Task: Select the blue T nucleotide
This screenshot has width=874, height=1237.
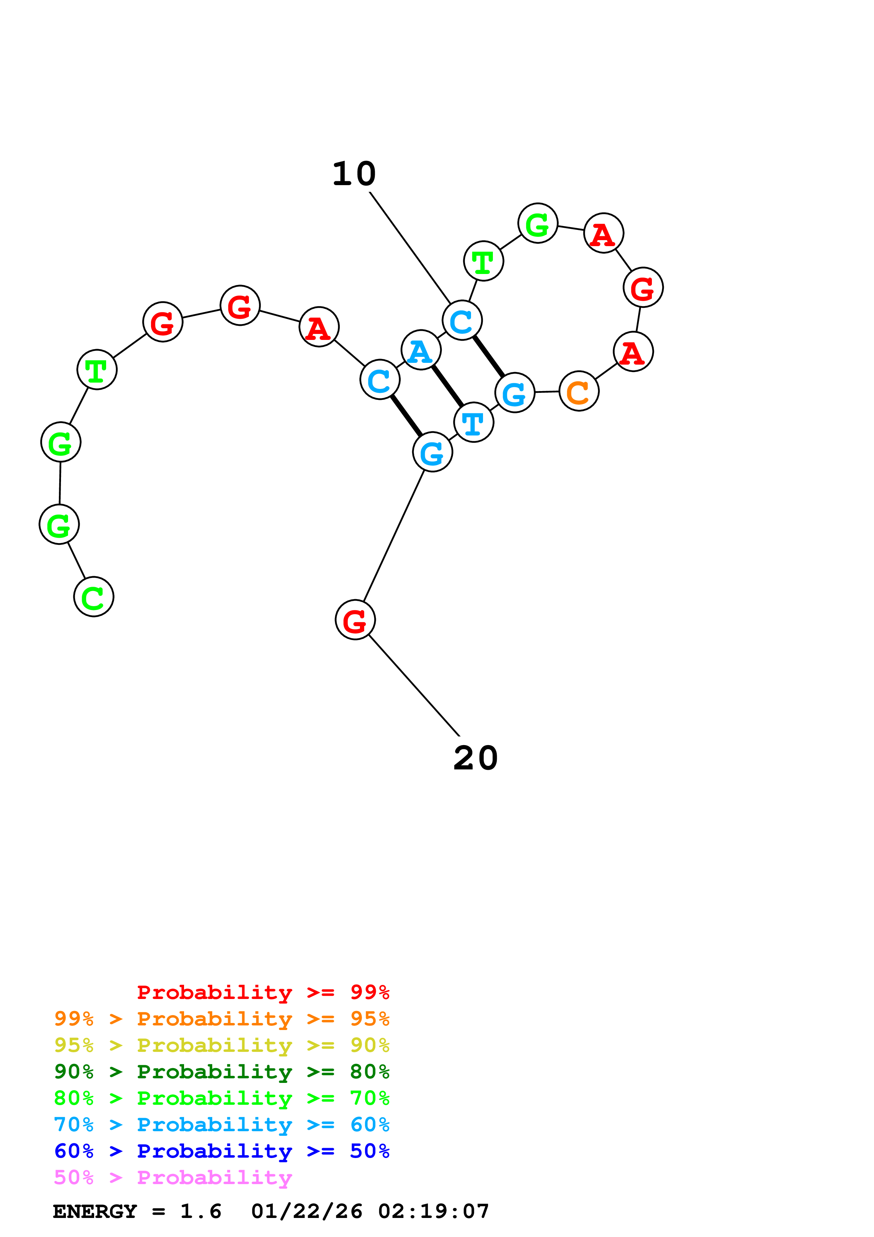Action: click(x=473, y=422)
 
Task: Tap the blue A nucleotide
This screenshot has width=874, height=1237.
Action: click(x=421, y=350)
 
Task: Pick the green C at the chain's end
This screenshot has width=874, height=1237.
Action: click(x=94, y=597)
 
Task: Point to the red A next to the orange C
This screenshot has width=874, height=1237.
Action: click(x=633, y=352)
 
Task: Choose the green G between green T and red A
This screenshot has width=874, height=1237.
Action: click(x=537, y=223)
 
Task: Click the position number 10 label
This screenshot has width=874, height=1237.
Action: click(x=354, y=174)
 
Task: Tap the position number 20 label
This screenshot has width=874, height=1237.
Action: click(x=476, y=758)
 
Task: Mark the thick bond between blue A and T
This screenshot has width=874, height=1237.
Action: click(x=447, y=386)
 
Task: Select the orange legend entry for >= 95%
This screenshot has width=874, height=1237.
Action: click(x=221, y=1019)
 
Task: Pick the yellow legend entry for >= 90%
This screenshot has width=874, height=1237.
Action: click(x=221, y=1045)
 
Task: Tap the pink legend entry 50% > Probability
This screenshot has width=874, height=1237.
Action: click(x=173, y=1178)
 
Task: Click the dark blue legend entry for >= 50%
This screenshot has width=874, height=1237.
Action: click(x=221, y=1151)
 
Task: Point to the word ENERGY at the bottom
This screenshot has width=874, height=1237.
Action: click(x=95, y=1212)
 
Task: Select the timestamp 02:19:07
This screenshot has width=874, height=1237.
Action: click(x=434, y=1212)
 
